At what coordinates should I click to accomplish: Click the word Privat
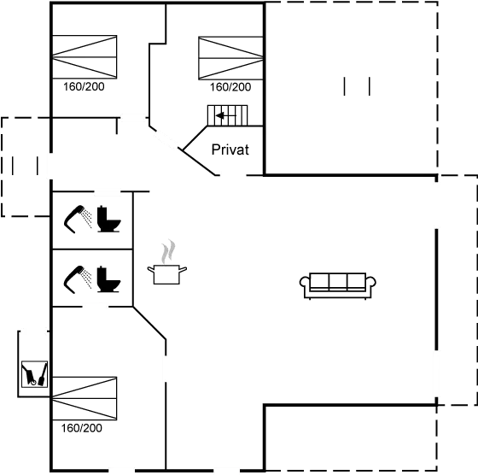click(x=230, y=150)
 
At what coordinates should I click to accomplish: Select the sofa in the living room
click(x=339, y=284)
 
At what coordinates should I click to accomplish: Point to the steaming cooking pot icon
click(x=168, y=273)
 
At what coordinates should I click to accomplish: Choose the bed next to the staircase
click(x=229, y=58)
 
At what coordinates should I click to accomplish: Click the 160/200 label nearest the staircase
click(x=230, y=87)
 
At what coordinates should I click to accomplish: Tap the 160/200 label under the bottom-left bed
click(x=83, y=428)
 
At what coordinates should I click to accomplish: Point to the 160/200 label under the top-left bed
click(x=84, y=87)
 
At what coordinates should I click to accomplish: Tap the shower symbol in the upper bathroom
click(x=79, y=216)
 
